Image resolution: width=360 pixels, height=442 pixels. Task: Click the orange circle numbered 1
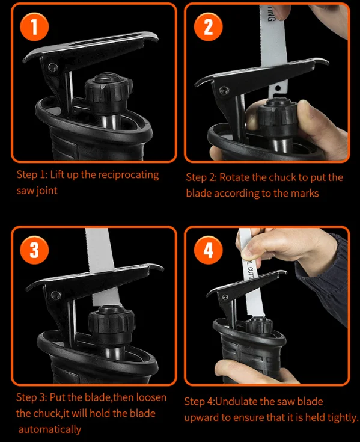34,27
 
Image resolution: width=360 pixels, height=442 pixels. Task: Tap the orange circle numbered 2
208,27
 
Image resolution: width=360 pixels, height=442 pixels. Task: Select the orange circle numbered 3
34,250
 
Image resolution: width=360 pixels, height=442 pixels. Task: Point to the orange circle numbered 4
208,250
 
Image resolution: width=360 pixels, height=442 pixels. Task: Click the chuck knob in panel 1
109,90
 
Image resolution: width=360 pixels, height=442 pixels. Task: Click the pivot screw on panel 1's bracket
52,67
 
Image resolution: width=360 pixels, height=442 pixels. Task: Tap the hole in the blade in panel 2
278,88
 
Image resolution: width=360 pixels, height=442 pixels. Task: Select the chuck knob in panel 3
112,321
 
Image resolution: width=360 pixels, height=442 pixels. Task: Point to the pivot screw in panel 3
55,295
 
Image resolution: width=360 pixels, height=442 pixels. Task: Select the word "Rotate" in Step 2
234,177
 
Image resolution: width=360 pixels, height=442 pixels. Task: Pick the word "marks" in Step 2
305,194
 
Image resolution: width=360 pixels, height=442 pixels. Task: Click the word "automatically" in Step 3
49,429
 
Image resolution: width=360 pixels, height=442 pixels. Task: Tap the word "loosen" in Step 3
151,397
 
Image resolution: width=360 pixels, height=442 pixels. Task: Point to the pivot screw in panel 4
225,298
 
